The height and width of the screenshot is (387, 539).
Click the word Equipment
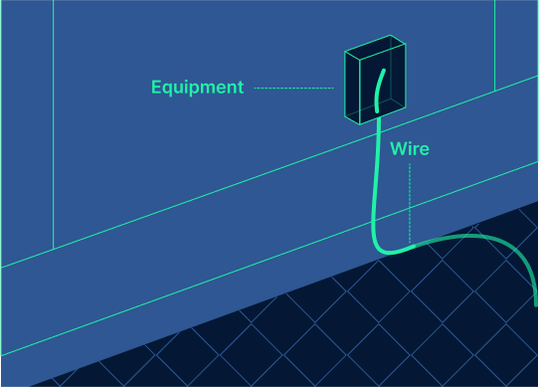pos(197,88)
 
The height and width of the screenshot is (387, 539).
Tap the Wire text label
pos(410,149)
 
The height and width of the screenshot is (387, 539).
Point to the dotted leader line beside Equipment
pos(293,88)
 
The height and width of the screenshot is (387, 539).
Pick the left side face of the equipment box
pos(353,86)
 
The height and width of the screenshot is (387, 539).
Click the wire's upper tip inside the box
pos(381,76)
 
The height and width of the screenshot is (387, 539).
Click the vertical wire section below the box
pos(375,179)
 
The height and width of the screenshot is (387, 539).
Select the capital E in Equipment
pos(156,88)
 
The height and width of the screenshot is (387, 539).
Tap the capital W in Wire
pos(397,149)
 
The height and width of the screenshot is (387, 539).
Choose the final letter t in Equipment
pos(240,88)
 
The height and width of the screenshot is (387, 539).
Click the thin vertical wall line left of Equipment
pos(53,119)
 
